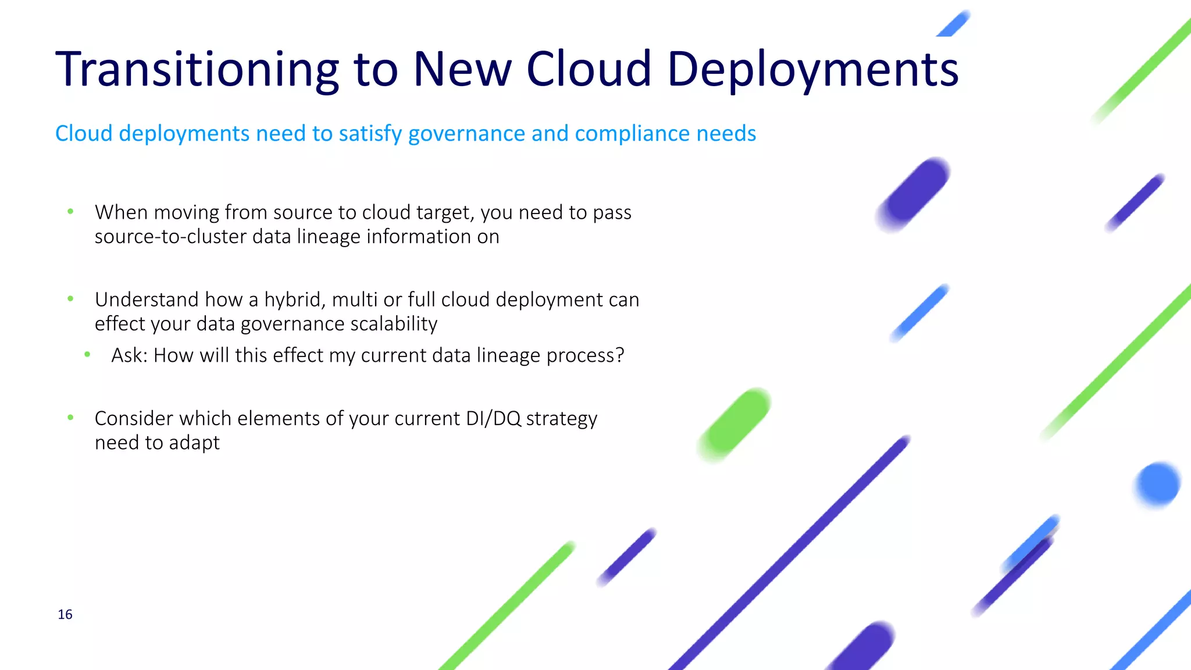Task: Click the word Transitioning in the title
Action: click(x=197, y=69)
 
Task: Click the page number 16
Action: click(x=65, y=615)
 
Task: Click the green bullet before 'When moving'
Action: click(x=70, y=212)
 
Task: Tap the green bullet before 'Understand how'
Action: click(x=70, y=299)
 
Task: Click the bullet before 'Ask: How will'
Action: click(x=87, y=354)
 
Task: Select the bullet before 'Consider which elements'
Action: click(x=70, y=418)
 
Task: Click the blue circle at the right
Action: click(x=1157, y=484)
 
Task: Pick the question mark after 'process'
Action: click(x=619, y=355)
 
